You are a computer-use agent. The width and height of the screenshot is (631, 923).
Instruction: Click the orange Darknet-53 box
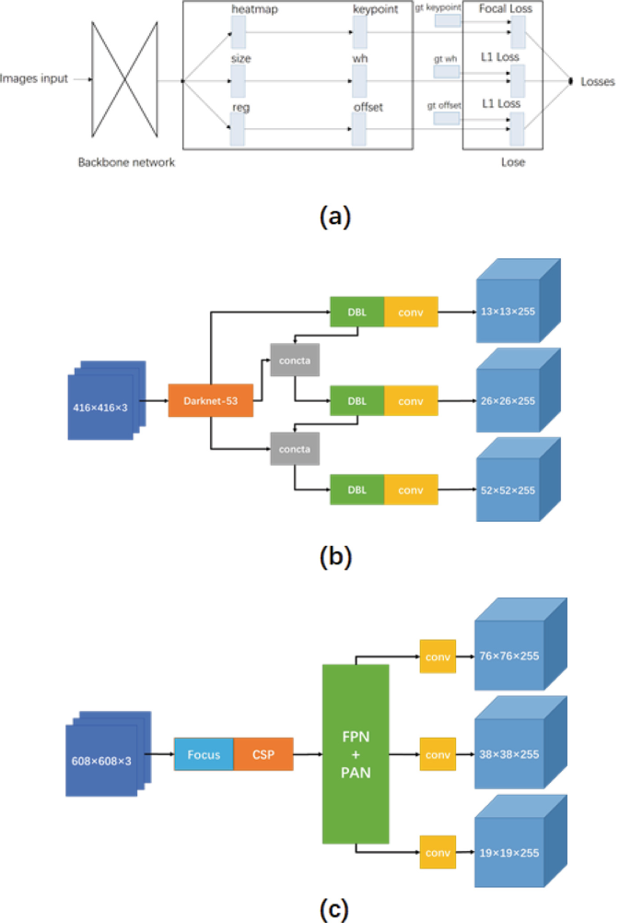(x=211, y=402)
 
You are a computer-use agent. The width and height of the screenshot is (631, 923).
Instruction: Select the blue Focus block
(x=204, y=754)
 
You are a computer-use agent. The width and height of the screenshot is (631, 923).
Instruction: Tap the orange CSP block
(x=263, y=754)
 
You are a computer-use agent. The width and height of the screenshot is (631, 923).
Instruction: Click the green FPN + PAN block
(x=356, y=753)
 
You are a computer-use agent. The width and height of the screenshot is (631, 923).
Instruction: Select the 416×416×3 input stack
(x=105, y=404)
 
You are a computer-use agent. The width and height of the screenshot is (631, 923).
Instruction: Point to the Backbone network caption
(x=127, y=163)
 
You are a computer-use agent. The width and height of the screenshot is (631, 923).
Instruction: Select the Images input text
(x=34, y=79)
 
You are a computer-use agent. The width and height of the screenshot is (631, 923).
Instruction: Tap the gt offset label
(x=442, y=105)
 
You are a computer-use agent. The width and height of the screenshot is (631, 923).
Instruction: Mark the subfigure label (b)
(x=332, y=557)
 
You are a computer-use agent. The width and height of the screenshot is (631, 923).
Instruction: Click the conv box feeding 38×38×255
(x=438, y=754)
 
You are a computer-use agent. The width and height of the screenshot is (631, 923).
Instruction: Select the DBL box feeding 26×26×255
(x=357, y=401)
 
